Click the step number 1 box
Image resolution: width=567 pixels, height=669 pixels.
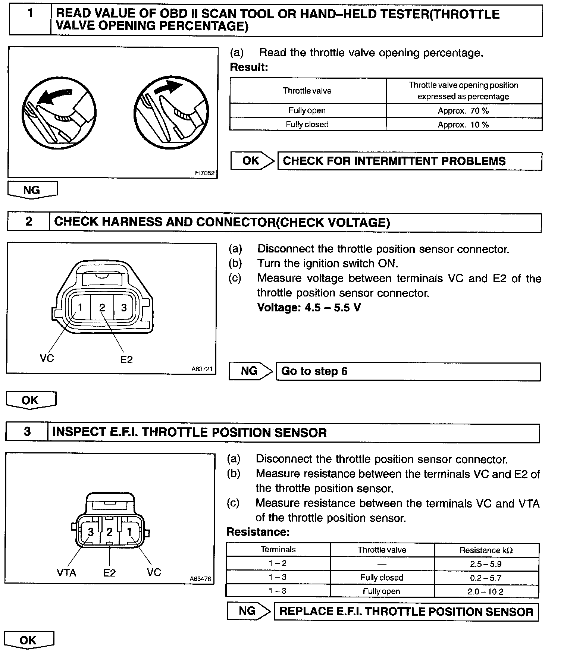pos(30,20)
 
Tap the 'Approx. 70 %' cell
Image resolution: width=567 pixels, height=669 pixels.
pos(463,111)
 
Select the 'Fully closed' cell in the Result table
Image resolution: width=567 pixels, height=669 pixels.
pos(307,124)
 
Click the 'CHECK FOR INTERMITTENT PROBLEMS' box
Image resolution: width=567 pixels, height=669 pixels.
pos(409,161)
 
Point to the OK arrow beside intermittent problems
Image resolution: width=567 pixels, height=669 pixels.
pos(252,161)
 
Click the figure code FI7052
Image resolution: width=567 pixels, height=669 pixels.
pos(205,173)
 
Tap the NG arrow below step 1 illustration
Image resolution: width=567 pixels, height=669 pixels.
pos(32,190)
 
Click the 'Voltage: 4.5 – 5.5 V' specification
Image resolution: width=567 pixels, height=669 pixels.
pos(309,308)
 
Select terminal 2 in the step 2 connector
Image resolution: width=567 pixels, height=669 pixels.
pos(102,307)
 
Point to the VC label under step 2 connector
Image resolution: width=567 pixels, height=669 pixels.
pos(47,358)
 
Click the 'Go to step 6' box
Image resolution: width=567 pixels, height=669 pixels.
pos(408,371)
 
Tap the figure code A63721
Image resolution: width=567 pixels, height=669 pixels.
pos(202,369)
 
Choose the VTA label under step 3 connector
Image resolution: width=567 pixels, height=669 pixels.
pos(66,572)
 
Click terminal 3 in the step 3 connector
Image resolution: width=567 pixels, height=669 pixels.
pos(90,532)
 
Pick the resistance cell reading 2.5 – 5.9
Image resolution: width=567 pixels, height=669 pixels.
pos(486,564)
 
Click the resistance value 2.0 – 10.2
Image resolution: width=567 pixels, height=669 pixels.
pos(486,591)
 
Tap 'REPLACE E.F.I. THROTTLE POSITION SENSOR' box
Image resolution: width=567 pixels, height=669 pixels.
pos(406,612)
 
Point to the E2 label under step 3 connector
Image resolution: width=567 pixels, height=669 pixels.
pos(109,573)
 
